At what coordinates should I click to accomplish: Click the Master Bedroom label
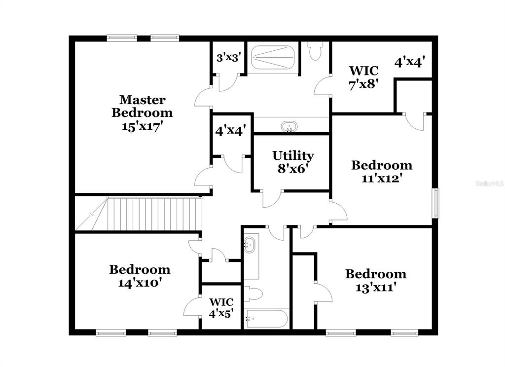coord(142,107)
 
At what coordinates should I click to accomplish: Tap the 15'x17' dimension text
coord(141,127)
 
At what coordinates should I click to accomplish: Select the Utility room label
coord(293,155)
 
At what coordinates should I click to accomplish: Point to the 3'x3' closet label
coord(229,58)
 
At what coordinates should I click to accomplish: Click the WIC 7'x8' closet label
coord(363,77)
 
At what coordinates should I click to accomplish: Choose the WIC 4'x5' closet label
coord(221,308)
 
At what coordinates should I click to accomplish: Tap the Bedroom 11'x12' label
coord(382,172)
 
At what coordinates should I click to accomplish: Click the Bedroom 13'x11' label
coord(376,280)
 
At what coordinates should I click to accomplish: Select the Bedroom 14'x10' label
coord(140,276)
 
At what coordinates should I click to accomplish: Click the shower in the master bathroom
coord(272,57)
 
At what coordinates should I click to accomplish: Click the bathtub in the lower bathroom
coord(266,319)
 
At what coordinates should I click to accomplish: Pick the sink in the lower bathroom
coord(249,245)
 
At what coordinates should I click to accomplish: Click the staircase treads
coord(154,214)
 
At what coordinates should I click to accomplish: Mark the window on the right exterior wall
coord(435,203)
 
